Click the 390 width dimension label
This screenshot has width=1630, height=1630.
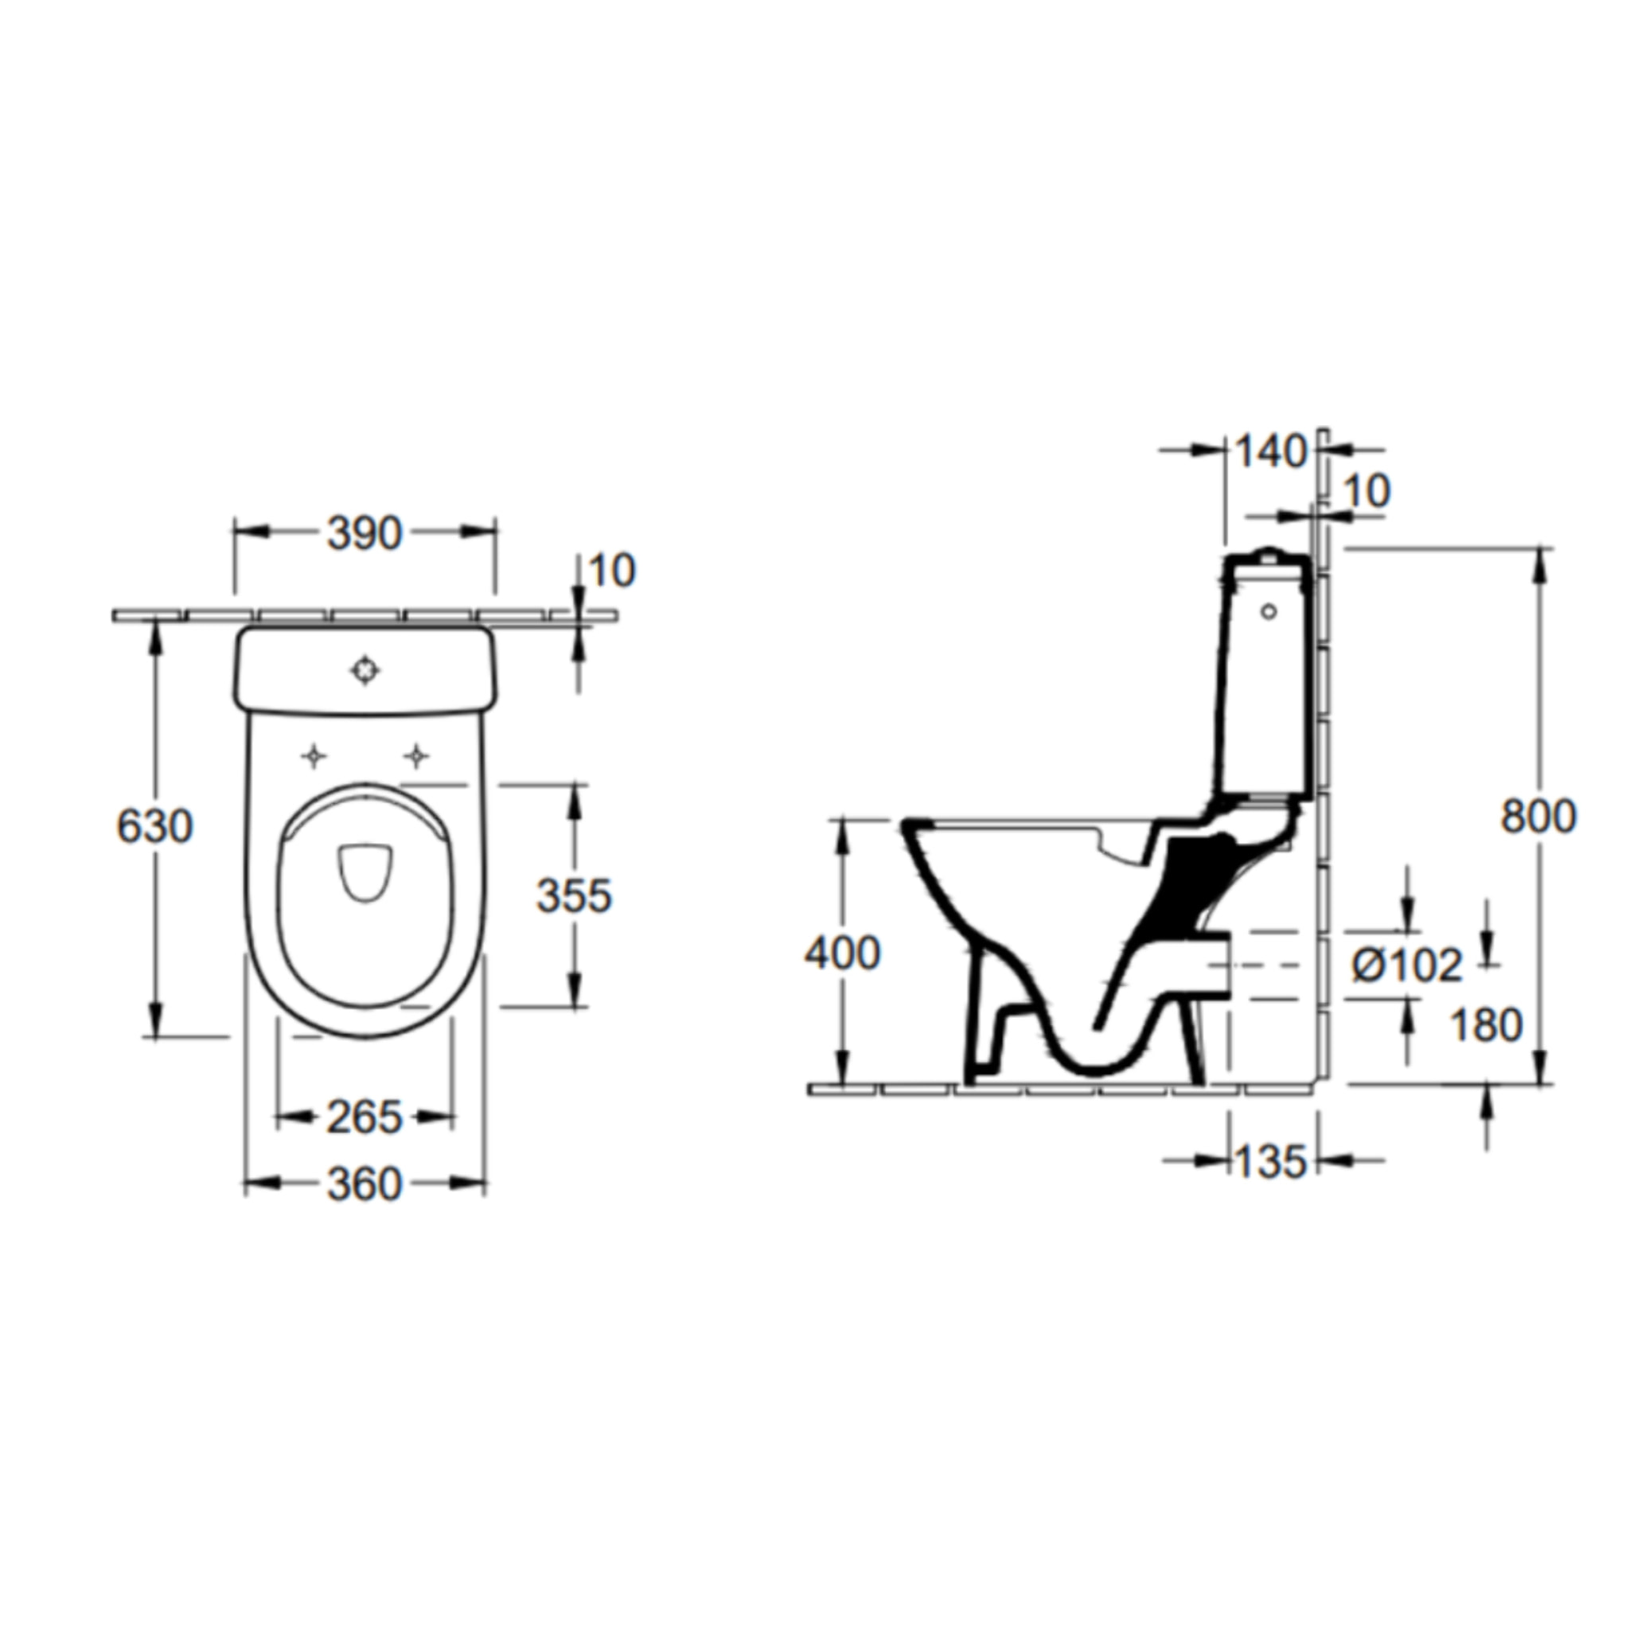coord(364,534)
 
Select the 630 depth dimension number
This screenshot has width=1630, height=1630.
coord(155,826)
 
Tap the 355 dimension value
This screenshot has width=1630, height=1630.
coord(574,895)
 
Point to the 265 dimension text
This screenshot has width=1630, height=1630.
coord(365,1119)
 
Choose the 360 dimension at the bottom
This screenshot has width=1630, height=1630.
coord(365,1185)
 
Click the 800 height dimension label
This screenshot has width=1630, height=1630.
coord(1538,817)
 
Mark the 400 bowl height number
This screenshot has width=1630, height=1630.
coord(842,954)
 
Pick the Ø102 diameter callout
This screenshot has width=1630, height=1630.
coord(1406,965)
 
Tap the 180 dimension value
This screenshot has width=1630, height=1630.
coord(1486,1026)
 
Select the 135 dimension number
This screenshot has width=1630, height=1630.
coord(1270,1163)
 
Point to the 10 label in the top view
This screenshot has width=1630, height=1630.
coord(613,572)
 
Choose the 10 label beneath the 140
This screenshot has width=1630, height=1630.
coord(1366,492)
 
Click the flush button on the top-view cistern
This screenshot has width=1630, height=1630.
coord(365,671)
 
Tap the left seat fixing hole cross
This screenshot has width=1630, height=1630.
coord(314,757)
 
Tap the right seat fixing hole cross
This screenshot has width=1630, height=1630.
coord(415,757)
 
